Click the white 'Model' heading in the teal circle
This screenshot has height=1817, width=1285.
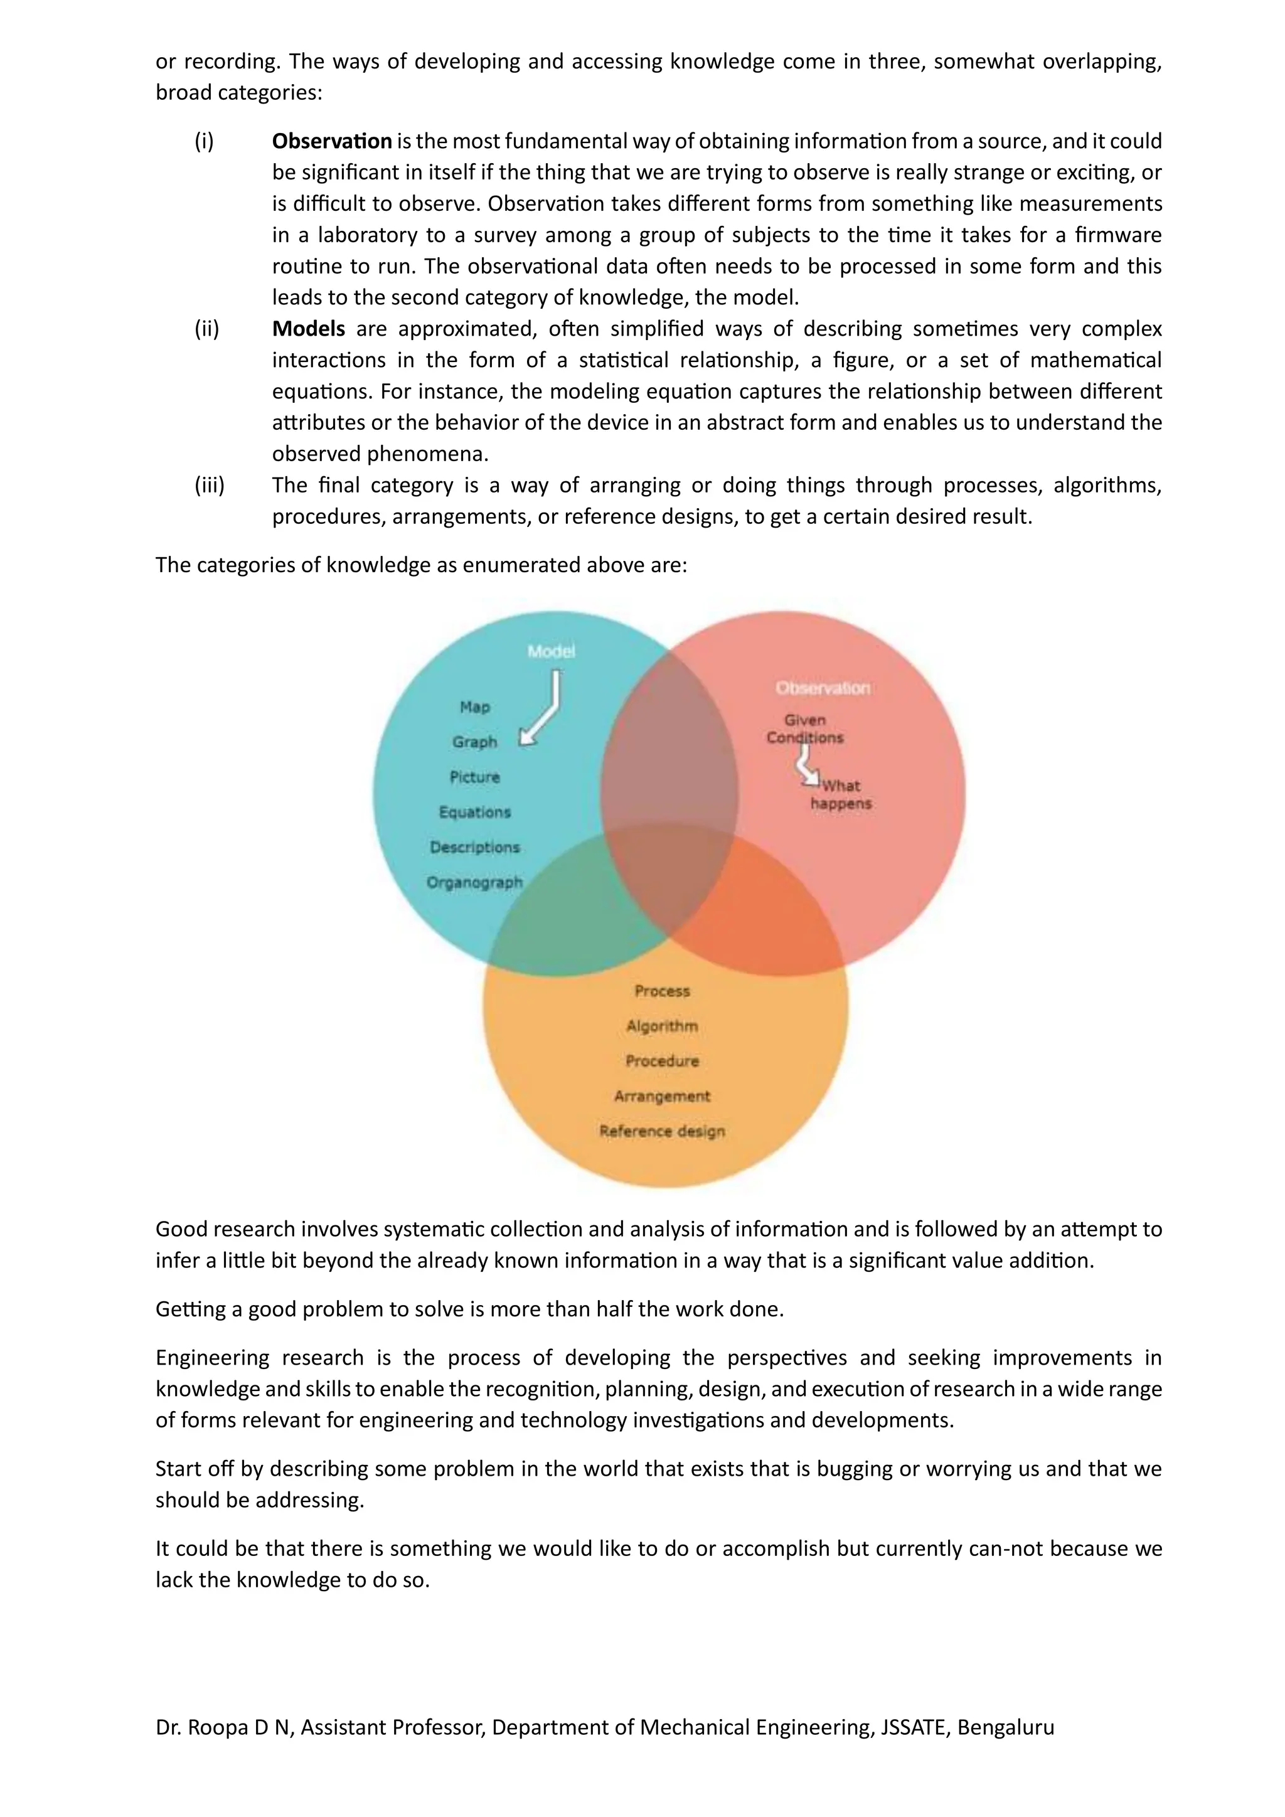click(x=551, y=651)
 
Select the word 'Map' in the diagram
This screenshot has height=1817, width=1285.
click(x=475, y=706)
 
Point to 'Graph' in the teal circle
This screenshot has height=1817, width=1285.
click(x=475, y=742)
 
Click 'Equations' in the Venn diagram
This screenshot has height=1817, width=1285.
click(x=475, y=812)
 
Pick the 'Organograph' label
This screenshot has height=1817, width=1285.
click(x=475, y=882)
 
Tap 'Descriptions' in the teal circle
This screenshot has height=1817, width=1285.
click(x=475, y=847)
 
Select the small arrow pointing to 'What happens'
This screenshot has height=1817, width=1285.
click(x=806, y=767)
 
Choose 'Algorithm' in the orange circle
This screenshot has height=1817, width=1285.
click(x=663, y=1026)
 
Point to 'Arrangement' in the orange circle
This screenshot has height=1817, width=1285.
click(x=663, y=1096)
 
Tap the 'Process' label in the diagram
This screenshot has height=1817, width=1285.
click(x=663, y=991)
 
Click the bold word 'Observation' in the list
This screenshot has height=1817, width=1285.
click(x=331, y=141)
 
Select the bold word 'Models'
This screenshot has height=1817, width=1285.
click(x=309, y=328)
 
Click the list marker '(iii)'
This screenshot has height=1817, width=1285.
click(x=210, y=485)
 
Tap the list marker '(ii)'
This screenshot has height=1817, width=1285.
click(x=206, y=328)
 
